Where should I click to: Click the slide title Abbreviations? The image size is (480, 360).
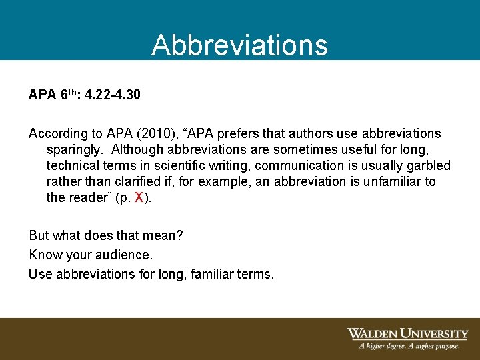239,45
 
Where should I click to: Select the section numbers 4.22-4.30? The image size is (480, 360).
113,95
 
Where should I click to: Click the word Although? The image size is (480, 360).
139,150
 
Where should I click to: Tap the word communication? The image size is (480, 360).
293,166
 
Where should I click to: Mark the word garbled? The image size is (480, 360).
427,166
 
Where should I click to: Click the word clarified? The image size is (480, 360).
134,182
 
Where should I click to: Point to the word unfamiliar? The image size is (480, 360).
392,182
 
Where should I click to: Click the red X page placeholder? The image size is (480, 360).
139,197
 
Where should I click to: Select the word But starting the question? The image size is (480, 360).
39,235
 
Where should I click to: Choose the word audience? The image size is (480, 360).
125,255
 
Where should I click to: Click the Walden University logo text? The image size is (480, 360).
407,333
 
